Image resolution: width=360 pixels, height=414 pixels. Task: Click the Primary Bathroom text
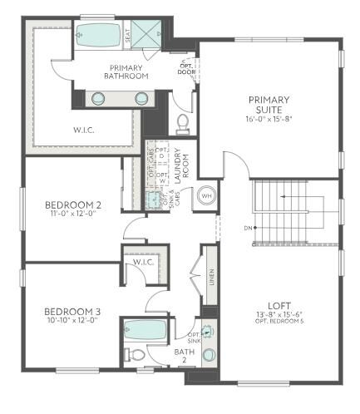tap(126, 71)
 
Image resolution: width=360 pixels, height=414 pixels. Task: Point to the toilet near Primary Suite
tap(184, 125)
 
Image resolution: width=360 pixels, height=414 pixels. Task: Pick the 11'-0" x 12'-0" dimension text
tap(73, 215)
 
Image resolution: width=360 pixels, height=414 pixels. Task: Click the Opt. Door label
tap(186, 67)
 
